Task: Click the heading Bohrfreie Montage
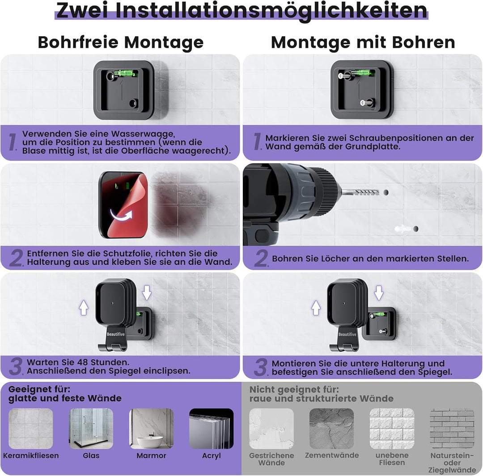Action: tap(120, 42)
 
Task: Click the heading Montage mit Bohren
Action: tap(363, 42)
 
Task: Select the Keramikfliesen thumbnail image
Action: tap(31, 428)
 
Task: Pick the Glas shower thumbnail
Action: tap(91, 428)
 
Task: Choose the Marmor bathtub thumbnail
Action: tap(151, 428)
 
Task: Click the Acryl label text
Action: tap(211, 456)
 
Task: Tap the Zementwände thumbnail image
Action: tap(331, 428)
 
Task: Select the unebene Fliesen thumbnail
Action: tap(392, 428)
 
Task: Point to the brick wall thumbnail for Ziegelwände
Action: tap(452, 428)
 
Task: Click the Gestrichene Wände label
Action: tap(271, 459)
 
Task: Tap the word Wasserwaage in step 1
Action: tap(143, 134)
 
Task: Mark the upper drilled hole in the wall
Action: tap(386, 192)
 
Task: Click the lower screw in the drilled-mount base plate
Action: tap(364, 103)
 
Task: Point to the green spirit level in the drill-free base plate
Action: tap(123, 73)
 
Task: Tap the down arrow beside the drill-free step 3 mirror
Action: tap(147, 292)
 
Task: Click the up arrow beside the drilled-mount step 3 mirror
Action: tap(316, 308)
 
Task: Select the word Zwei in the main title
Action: tap(82, 10)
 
